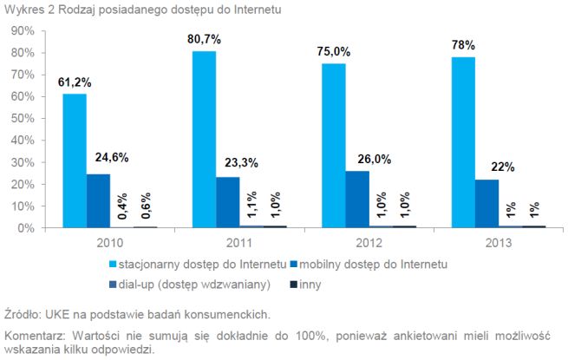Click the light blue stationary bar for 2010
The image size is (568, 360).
point(74,160)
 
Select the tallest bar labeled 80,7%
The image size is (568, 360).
point(203,140)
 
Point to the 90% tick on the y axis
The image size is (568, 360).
point(22,30)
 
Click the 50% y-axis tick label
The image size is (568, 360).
point(22,118)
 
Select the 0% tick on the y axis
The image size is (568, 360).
point(24,228)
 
